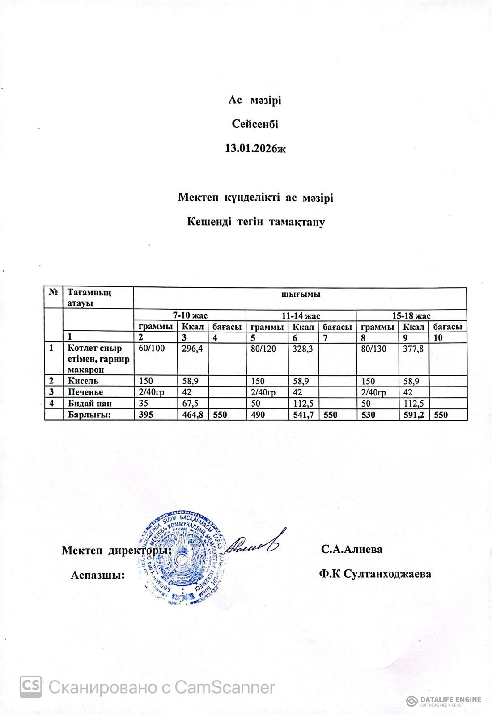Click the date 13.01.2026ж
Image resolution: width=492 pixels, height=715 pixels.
coord(255,148)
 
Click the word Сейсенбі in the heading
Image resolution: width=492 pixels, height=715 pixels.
coord(255,124)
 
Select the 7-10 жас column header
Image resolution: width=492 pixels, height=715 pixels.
coord(190,315)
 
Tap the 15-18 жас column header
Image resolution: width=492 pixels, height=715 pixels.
coord(411,315)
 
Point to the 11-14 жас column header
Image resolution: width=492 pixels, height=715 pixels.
coord(301,315)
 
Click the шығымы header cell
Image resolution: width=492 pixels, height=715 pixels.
coord(300,295)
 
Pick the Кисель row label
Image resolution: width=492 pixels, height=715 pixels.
coord(83,381)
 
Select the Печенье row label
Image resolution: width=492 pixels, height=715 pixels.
coord(85,392)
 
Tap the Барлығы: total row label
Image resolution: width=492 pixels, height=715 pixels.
coord(89,415)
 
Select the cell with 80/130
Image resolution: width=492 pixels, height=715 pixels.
coord(374,349)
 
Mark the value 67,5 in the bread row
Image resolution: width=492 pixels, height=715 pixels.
coord(190,404)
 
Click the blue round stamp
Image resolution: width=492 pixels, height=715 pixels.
coord(182,556)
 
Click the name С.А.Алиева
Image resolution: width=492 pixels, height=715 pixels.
coord(352,549)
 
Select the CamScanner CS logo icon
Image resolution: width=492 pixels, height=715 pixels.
coord(30,687)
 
